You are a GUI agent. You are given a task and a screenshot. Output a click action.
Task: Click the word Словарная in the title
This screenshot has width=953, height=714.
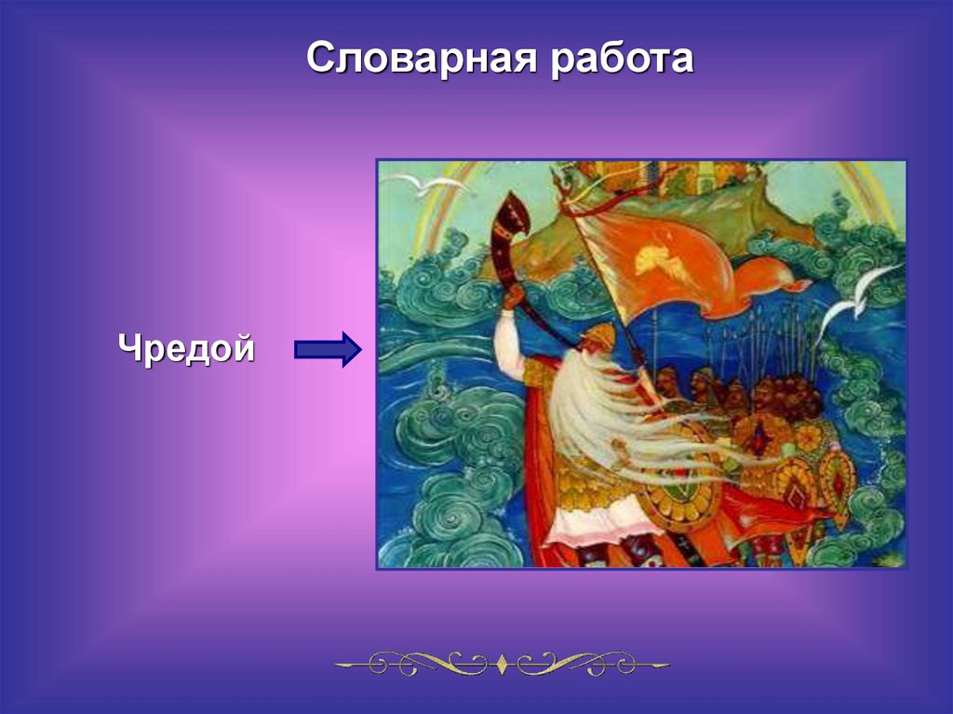(x=422, y=59)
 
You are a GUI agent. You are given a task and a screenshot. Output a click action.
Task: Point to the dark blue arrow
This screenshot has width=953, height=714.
(x=329, y=349)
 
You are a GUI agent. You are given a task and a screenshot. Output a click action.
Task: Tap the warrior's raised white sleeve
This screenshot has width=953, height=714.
(x=509, y=341)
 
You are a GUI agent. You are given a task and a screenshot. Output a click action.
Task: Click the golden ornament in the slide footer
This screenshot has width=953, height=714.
(x=502, y=664)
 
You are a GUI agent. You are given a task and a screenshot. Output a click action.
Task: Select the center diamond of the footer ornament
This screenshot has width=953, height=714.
(x=502, y=664)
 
